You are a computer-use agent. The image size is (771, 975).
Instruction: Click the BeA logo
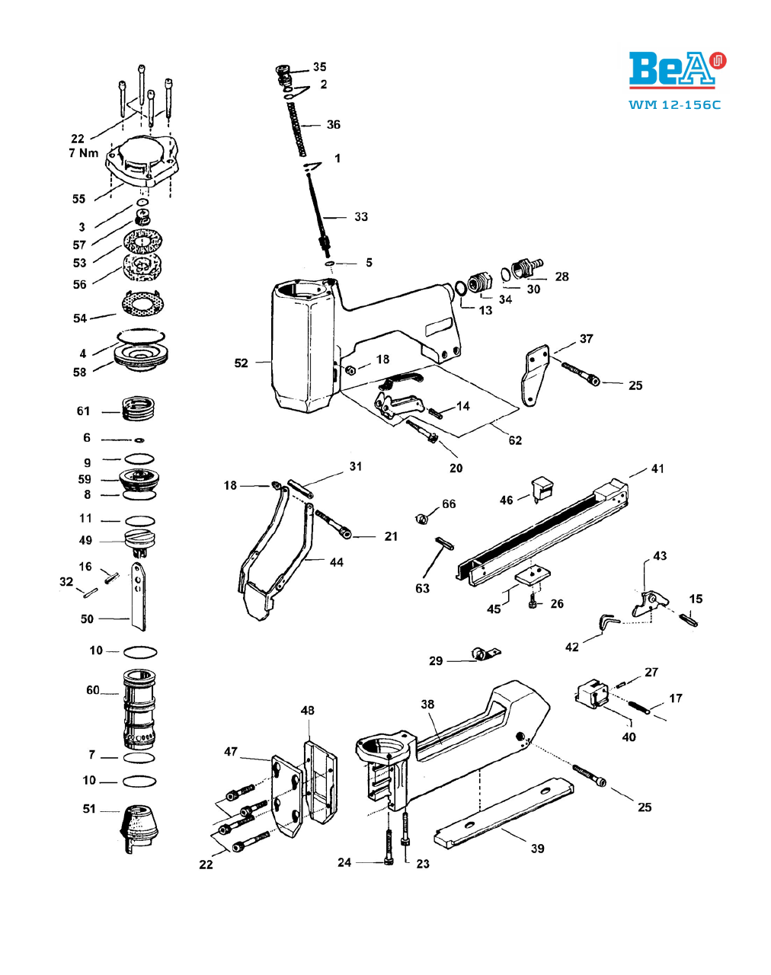pyautogui.click(x=677, y=70)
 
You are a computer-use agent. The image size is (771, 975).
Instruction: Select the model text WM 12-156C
pyautogui.click(x=674, y=105)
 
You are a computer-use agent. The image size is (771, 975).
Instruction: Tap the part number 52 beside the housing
pyautogui.click(x=242, y=363)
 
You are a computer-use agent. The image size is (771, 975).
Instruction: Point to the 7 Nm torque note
pyautogui.click(x=83, y=153)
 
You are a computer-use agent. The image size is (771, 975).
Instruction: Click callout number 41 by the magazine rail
pyautogui.click(x=657, y=468)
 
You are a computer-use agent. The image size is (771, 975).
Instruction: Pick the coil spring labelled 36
pyautogui.click(x=296, y=129)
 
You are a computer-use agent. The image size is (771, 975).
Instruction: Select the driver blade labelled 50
pyautogui.click(x=139, y=596)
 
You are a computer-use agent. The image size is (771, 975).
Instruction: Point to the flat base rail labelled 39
pyautogui.click(x=504, y=812)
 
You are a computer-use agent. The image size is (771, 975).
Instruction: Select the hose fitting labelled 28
pyautogui.click(x=527, y=268)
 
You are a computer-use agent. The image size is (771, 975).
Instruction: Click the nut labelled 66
pyautogui.click(x=422, y=518)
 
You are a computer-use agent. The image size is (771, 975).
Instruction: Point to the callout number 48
pyautogui.click(x=307, y=710)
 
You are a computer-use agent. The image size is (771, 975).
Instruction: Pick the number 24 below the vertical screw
pyautogui.click(x=344, y=862)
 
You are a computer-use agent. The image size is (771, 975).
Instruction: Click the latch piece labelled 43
pyautogui.click(x=650, y=604)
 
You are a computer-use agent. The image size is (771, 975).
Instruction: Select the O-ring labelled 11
pyautogui.click(x=140, y=520)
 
